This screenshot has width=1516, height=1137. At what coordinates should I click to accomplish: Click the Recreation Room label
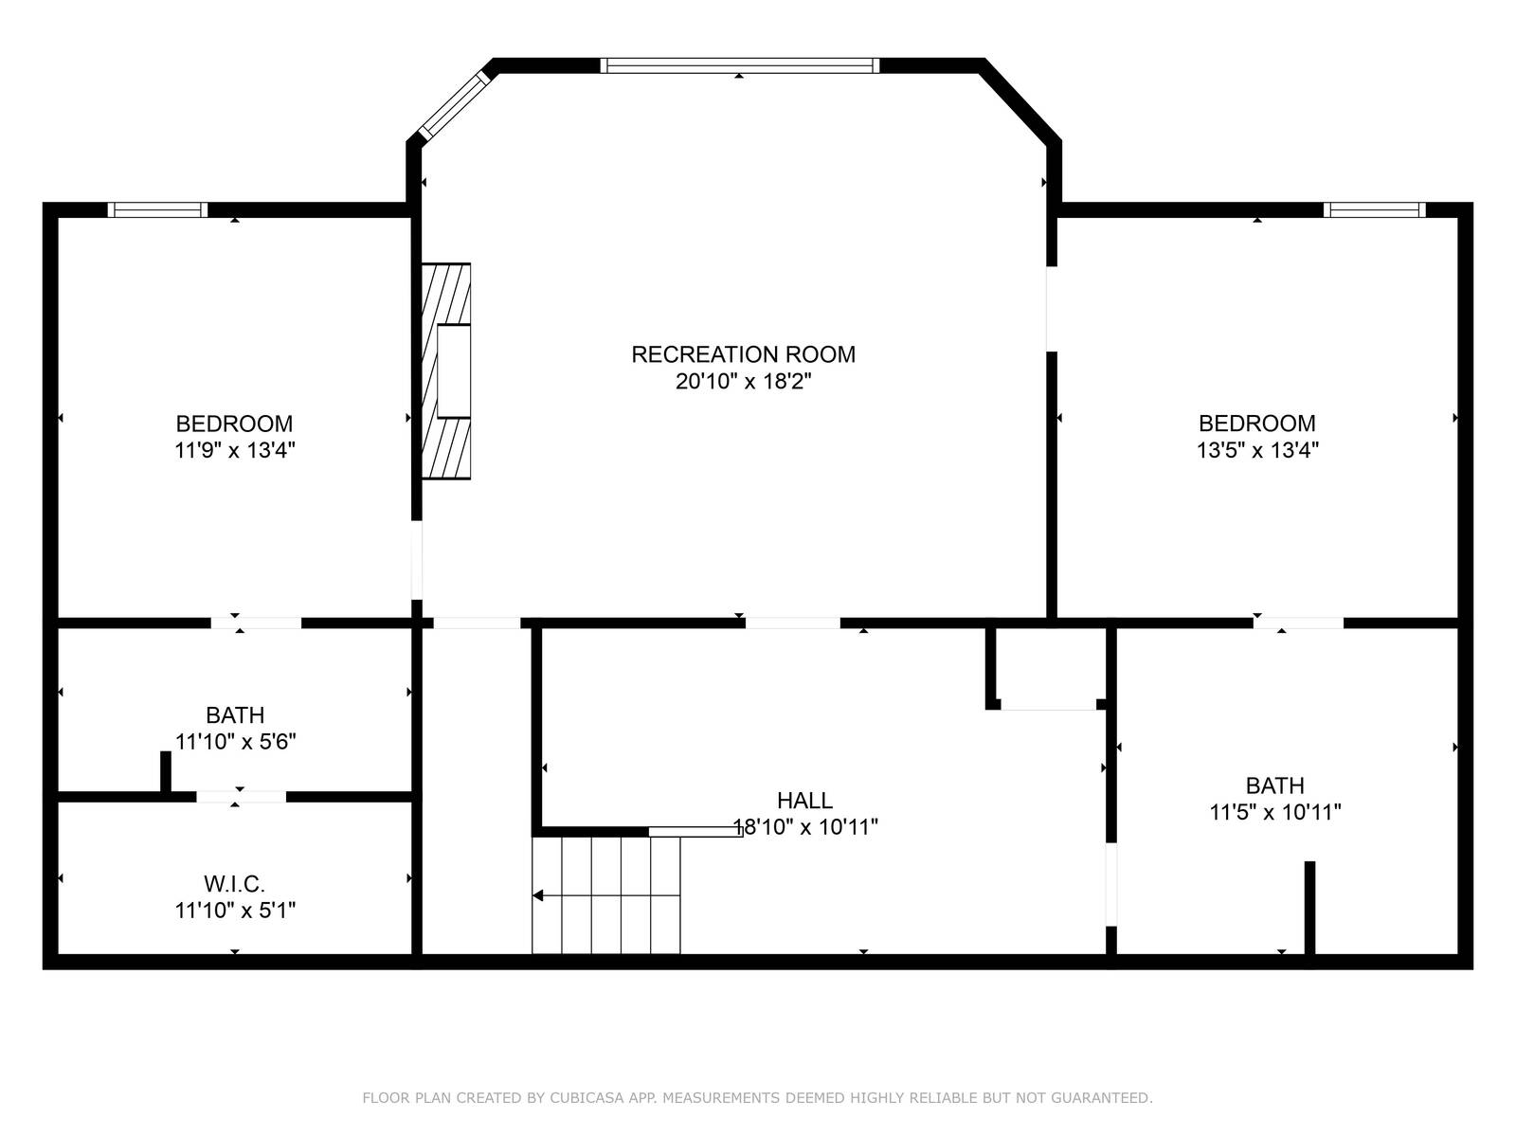pyautogui.click(x=743, y=354)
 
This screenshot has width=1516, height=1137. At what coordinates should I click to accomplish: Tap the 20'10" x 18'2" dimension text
pyautogui.click(x=743, y=382)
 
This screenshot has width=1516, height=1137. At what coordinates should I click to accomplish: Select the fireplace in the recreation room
pyautogui.click(x=446, y=371)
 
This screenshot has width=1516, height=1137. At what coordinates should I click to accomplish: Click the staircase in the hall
pyautogui.click(x=606, y=895)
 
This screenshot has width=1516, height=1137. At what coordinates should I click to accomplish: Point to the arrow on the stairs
pyautogui.click(x=538, y=895)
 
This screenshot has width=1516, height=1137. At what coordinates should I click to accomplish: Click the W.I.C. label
pyautogui.click(x=234, y=884)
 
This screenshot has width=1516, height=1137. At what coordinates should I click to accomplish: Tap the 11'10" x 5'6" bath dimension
pyautogui.click(x=235, y=742)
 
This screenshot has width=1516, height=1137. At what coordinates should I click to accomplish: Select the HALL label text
pyautogui.click(x=804, y=801)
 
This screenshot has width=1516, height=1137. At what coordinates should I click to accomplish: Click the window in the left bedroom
pyautogui.click(x=157, y=210)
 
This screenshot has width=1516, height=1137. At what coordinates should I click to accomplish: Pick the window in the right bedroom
pyautogui.click(x=1374, y=210)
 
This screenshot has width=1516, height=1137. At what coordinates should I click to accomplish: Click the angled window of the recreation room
pyautogui.click(x=453, y=105)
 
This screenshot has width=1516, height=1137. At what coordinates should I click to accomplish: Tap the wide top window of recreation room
pyautogui.click(x=739, y=65)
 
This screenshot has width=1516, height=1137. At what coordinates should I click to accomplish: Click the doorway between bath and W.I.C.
pyautogui.click(x=241, y=797)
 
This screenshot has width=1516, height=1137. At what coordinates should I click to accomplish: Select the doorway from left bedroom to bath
pyautogui.click(x=256, y=623)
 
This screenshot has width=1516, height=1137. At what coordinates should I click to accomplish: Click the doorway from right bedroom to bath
pyautogui.click(x=1298, y=623)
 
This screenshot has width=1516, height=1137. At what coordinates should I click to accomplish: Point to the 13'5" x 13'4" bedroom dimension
pyautogui.click(x=1257, y=450)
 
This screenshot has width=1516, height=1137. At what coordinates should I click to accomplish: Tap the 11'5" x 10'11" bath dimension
pyautogui.click(x=1274, y=812)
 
